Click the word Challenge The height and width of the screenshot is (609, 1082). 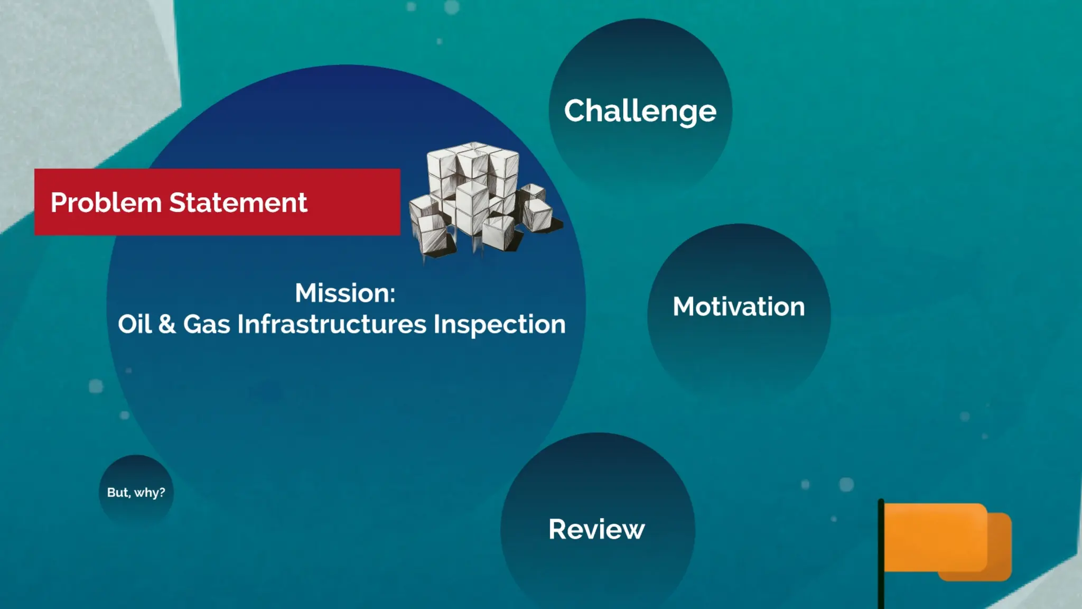click(640, 111)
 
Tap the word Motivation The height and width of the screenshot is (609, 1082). click(739, 307)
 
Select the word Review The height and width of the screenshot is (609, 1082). click(596, 529)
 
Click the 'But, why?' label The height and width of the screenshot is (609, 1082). click(136, 493)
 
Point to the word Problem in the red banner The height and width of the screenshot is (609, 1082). click(106, 203)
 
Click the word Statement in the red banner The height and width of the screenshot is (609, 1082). click(238, 203)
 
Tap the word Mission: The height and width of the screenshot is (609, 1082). click(345, 293)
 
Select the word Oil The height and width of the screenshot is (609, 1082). click(135, 324)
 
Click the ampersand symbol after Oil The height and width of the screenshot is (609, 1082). click(167, 324)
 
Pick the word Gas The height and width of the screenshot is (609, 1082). click(207, 324)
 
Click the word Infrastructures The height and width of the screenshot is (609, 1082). click(332, 324)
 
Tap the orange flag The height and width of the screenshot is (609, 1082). click(946, 540)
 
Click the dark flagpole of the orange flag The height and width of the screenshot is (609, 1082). click(881, 555)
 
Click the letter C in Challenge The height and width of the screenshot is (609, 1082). click(575, 111)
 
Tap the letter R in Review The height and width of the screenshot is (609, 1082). click(558, 529)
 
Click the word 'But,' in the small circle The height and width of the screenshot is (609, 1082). click(118, 493)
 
